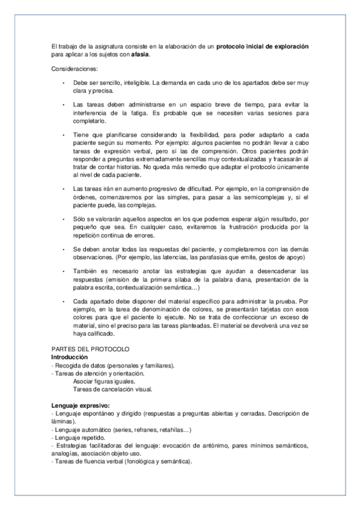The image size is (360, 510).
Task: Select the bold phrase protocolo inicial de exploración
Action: [x=263, y=46]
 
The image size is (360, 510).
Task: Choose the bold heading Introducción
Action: [x=71, y=357]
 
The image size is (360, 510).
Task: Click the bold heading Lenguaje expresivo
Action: [x=85, y=405]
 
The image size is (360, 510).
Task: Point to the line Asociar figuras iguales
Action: [x=104, y=381]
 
